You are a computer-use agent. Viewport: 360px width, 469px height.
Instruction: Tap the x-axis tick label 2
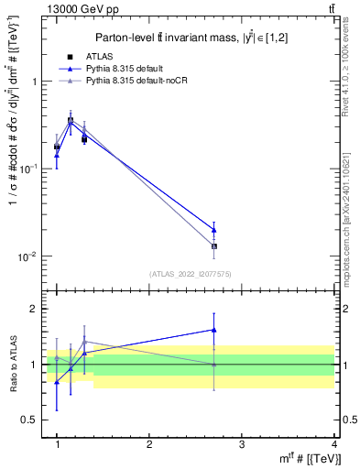(149, 444)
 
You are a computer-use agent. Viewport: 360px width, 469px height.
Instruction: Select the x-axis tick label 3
(242, 444)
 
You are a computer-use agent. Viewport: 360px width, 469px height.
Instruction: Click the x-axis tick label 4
(333, 444)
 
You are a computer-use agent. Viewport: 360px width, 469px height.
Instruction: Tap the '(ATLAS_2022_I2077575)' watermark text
(190, 274)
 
